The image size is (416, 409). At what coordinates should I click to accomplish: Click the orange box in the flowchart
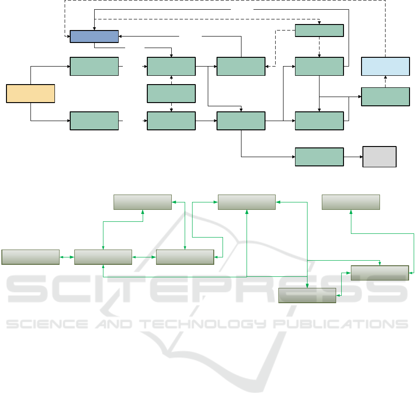[x=30, y=93]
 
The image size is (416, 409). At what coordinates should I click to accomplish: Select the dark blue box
[x=94, y=36]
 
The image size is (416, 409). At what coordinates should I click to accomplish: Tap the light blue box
[x=385, y=67]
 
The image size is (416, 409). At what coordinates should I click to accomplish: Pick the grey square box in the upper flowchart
[x=380, y=157]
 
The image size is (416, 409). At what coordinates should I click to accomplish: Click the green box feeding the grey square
[x=319, y=157]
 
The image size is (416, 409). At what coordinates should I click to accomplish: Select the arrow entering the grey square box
[x=353, y=157]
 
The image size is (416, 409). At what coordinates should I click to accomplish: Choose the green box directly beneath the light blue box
[x=385, y=97]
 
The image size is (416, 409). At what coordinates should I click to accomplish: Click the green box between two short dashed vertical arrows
[x=171, y=93]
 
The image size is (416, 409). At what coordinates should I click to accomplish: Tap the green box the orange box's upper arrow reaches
[x=94, y=67]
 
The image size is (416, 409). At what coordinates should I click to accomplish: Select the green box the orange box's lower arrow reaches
[x=94, y=121]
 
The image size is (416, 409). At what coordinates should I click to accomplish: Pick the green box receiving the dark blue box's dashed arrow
[x=319, y=31]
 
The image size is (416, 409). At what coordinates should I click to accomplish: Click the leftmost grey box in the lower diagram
[x=30, y=257]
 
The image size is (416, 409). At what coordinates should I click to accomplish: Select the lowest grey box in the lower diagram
[x=307, y=295]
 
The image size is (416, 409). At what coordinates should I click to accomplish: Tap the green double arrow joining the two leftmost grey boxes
[x=67, y=257]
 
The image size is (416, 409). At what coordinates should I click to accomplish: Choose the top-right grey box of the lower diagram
[x=350, y=202]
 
